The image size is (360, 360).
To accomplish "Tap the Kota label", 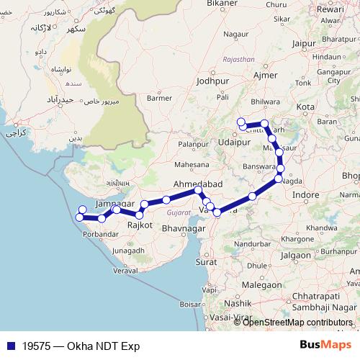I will [x=306, y=107].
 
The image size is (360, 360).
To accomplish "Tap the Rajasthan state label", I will [x=239, y=60].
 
